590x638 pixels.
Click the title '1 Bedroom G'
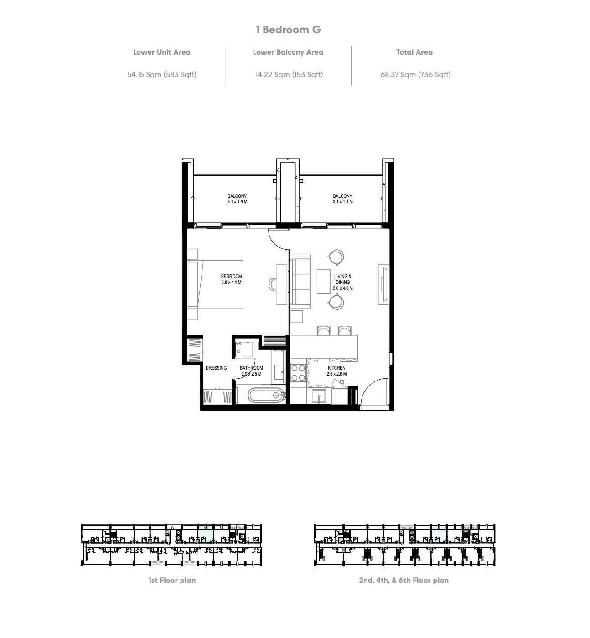pyautogui.click(x=288, y=30)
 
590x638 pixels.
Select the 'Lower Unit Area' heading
pyautogui.click(x=162, y=52)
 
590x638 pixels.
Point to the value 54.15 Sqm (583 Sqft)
pyautogui.click(x=162, y=75)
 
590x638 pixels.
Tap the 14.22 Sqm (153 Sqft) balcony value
pyautogui.click(x=289, y=75)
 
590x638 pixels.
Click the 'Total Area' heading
pyautogui.click(x=414, y=52)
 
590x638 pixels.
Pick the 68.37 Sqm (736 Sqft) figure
pyautogui.click(x=415, y=75)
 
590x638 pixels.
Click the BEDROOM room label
pyautogui.click(x=231, y=276)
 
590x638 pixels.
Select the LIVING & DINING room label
pyautogui.click(x=343, y=279)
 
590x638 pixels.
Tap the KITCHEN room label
pyautogui.click(x=336, y=368)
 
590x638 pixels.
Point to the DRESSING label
pyautogui.click(x=216, y=368)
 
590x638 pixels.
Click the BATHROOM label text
pyautogui.click(x=251, y=368)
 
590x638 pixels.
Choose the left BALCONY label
pyautogui.click(x=237, y=196)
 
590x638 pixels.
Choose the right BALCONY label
pyautogui.click(x=342, y=196)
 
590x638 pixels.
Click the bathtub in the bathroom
pyautogui.click(x=267, y=395)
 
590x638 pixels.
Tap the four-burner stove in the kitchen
pyautogui.click(x=298, y=373)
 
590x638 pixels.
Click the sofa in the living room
pyautogui.click(x=300, y=282)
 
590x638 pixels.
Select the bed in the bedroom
pyautogui.click(x=215, y=284)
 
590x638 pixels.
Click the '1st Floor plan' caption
pyautogui.click(x=172, y=580)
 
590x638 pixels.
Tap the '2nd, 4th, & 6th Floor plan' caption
pyautogui.click(x=404, y=580)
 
